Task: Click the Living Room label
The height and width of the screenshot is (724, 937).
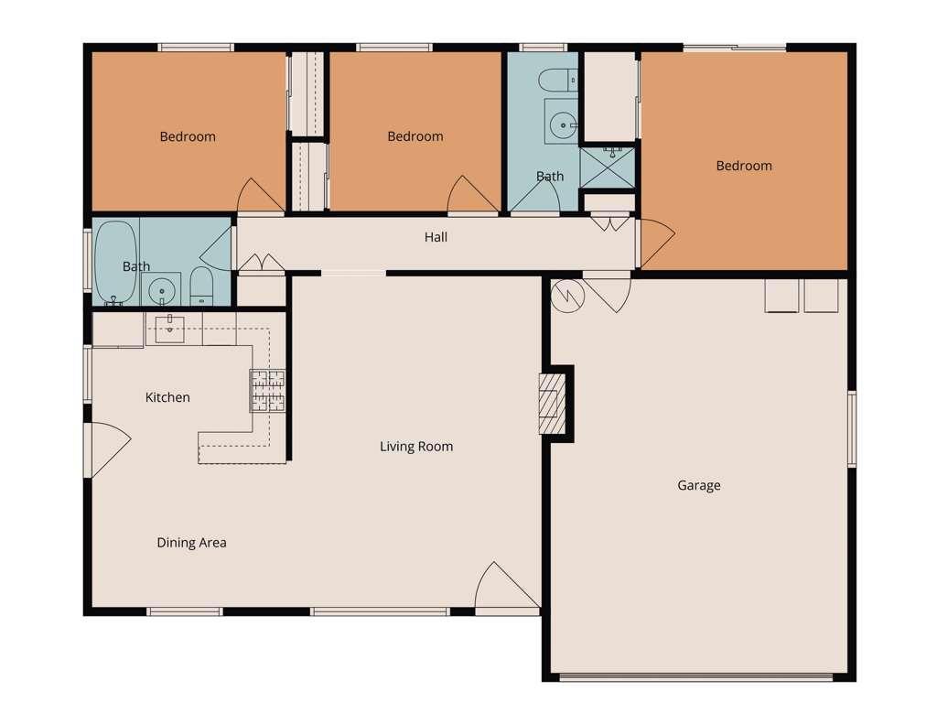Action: [416, 447]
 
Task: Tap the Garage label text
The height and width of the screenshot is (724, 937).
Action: [698, 485]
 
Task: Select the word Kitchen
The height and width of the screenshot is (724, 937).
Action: [167, 397]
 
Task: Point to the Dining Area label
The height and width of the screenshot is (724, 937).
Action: [191, 543]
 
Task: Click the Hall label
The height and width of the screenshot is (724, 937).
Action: [436, 237]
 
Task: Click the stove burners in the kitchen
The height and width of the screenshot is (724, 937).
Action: [267, 391]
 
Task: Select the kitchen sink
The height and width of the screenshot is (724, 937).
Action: [169, 330]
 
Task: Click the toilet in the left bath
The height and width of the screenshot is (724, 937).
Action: [201, 286]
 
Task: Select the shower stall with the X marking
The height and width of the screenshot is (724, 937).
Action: [608, 168]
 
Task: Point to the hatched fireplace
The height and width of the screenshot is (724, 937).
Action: [552, 404]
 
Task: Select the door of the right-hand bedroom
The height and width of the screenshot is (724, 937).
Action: [657, 243]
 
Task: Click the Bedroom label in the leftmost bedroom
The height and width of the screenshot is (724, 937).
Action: [188, 137]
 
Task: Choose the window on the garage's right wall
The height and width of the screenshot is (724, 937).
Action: [852, 428]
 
